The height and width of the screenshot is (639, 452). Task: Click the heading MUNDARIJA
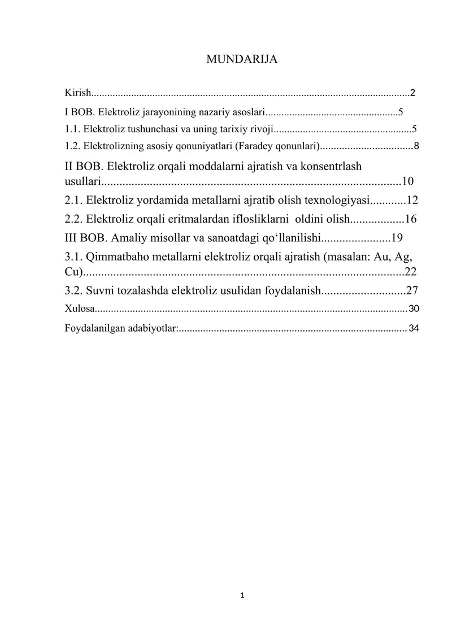(242, 59)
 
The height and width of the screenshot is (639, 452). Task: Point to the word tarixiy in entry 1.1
(229, 129)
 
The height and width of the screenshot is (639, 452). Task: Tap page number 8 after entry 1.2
(416, 146)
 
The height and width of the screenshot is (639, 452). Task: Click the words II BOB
(84, 166)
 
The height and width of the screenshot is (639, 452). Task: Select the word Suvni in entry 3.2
(102, 291)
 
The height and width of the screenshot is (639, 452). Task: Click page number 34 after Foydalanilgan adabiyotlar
(414, 328)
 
